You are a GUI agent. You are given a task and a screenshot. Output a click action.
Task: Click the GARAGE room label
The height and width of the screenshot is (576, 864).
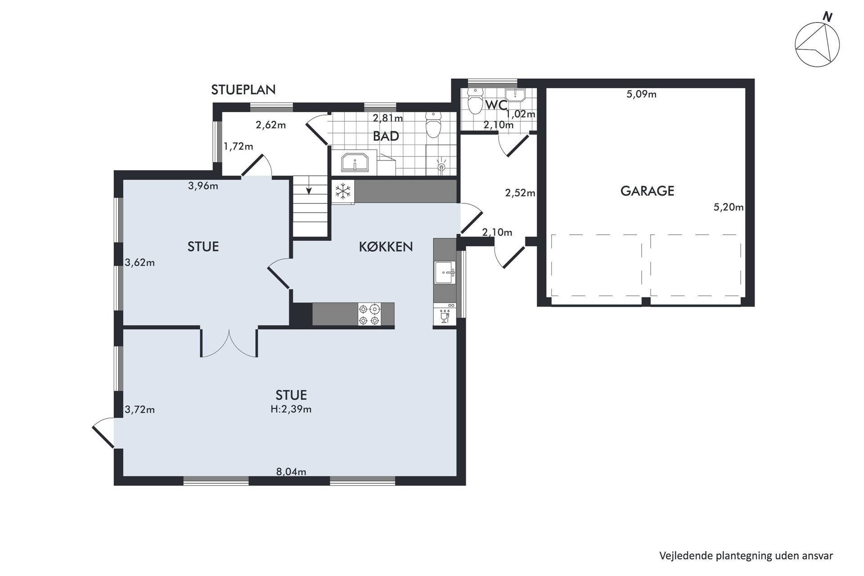(x=647, y=191)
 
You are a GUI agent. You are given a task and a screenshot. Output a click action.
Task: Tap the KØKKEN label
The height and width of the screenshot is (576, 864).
(x=386, y=247)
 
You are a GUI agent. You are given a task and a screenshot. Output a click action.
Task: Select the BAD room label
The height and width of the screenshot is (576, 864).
(x=386, y=136)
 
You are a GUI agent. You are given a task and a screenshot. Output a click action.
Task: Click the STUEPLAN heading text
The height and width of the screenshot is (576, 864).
(x=243, y=90)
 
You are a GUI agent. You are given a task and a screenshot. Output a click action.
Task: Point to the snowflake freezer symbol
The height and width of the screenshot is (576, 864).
(x=343, y=192)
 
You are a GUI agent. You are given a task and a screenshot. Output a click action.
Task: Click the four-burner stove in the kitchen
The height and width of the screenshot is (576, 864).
(x=369, y=314)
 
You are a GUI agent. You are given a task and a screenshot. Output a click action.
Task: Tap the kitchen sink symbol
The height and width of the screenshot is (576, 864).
(x=445, y=272)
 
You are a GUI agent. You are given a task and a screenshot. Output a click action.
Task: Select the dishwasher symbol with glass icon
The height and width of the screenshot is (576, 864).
(x=445, y=314)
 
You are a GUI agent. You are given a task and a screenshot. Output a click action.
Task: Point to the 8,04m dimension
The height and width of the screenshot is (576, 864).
(x=291, y=472)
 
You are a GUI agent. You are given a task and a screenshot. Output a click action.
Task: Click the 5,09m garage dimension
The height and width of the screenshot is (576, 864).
(x=641, y=94)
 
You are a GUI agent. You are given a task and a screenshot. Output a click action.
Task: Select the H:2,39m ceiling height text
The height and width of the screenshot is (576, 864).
(x=291, y=409)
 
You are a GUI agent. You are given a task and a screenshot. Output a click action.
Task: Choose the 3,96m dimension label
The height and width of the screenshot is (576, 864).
(x=203, y=185)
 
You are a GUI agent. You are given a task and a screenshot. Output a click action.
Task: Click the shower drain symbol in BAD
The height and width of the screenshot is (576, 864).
(x=441, y=166)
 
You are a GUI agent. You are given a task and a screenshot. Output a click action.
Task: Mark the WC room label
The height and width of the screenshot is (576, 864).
(x=496, y=105)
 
